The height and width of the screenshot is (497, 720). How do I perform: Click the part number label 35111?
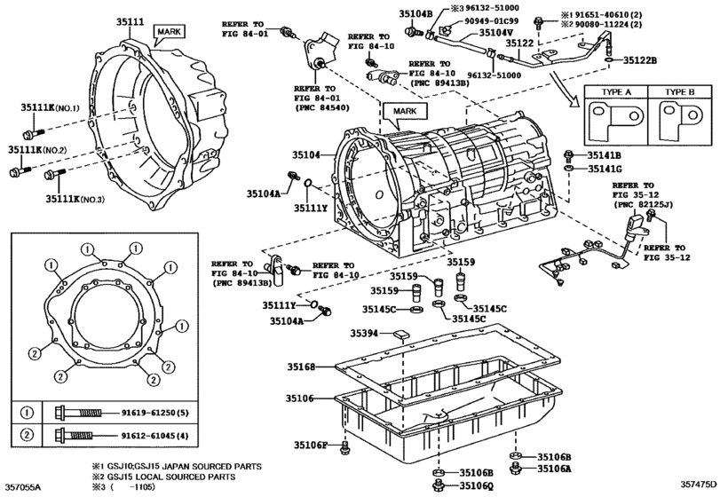coord(130,21)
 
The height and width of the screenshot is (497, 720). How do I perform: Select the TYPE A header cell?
coord(616,91)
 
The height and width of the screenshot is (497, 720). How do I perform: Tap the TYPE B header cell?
coord(679,91)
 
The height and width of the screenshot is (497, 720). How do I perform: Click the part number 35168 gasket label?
coord(302,367)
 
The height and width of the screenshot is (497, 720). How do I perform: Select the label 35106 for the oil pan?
coord(300,398)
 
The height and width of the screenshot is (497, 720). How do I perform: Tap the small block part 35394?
coord(400,334)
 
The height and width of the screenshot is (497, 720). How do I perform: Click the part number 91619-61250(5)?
coord(155,413)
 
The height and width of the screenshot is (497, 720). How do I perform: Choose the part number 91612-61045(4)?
coord(155,435)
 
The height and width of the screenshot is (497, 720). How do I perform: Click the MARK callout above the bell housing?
coord(170,31)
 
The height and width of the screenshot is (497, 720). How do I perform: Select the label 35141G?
coord(605,169)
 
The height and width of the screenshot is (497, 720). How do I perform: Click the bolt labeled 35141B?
coord(569,155)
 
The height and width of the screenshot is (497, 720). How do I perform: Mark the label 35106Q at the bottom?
coord(476,485)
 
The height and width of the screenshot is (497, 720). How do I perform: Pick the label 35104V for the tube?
coord(496,33)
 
